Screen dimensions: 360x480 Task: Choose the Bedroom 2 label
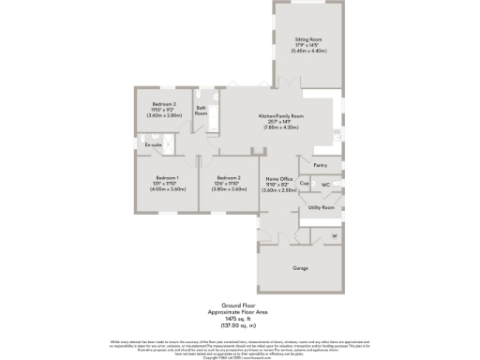tap(228, 177)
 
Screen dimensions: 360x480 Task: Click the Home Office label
tap(279, 177)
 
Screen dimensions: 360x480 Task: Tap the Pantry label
tap(321, 165)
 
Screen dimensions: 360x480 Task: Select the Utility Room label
tap(321, 207)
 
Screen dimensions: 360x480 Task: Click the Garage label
tap(301, 268)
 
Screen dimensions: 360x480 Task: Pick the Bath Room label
tap(202, 111)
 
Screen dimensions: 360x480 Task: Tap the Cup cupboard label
tap(305, 184)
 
